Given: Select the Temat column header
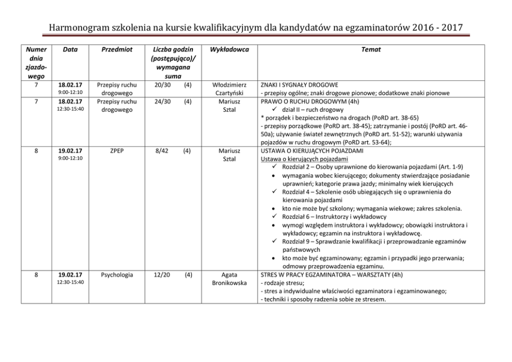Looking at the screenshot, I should click(371, 50).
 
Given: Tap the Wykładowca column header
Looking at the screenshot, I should click(230, 50).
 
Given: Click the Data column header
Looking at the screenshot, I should click(70, 50).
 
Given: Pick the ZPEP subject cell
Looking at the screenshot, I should click(117, 151).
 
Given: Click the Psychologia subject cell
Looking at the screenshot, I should click(117, 275).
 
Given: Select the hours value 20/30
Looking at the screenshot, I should click(162, 85).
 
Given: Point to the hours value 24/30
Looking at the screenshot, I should click(162, 102).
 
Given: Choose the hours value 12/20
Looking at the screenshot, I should click(162, 275).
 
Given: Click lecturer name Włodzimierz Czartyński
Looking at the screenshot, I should click(230, 89).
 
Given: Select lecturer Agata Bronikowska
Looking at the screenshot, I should click(230, 279).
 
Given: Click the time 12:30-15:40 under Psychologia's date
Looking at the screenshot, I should click(70, 283).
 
